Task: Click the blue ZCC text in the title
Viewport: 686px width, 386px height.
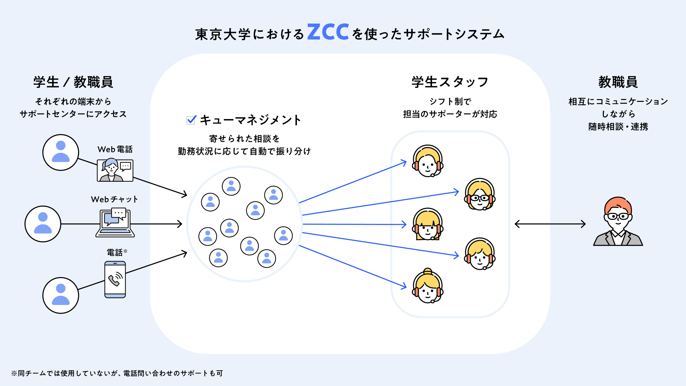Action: (x=328, y=32)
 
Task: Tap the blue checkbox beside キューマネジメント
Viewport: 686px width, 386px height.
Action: (x=191, y=120)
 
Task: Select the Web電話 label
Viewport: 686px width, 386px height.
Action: (x=115, y=149)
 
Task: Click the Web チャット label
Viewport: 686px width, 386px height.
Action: (x=114, y=199)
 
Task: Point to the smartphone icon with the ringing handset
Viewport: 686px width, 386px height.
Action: (x=115, y=280)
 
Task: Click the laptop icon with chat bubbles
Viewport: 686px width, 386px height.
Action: (x=115, y=223)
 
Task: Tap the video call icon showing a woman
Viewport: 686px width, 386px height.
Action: (x=115, y=170)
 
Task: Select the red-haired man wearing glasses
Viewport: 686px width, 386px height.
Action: (x=618, y=221)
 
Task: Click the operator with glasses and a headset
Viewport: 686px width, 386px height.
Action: (x=480, y=194)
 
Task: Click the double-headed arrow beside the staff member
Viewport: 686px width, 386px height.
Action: (x=550, y=224)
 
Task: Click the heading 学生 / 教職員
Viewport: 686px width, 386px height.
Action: (x=73, y=82)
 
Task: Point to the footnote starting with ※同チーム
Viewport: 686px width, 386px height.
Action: (x=117, y=373)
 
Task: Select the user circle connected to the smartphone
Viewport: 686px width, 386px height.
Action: (x=61, y=295)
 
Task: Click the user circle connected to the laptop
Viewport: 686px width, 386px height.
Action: (x=43, y=224)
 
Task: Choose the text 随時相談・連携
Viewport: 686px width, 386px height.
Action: (x=618, y=127)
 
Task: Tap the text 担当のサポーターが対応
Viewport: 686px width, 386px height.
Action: (x=450, y=114)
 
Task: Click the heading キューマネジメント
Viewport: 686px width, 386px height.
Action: (x=250, y=120)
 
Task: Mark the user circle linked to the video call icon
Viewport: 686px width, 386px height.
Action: (x=61, y=152)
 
